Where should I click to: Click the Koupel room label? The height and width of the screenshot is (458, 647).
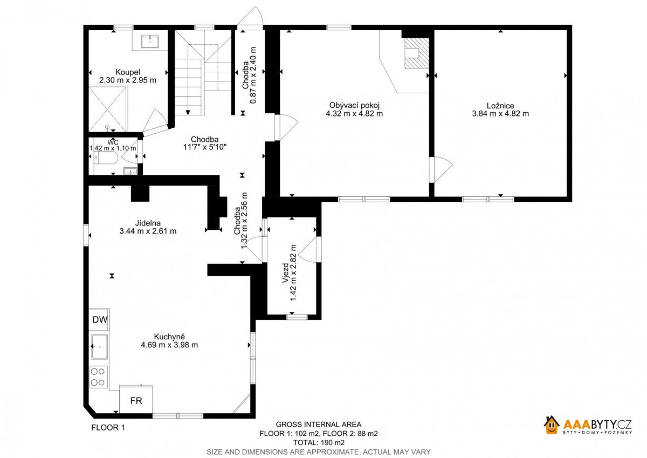[128, 72]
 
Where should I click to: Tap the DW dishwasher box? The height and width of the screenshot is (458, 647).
[99, 319]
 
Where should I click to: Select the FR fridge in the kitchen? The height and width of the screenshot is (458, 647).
[136, 399]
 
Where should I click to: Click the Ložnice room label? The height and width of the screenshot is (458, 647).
[500, 106]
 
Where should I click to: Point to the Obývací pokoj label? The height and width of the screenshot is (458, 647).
[354, 106]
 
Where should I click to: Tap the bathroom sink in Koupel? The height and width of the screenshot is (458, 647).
[150, 42]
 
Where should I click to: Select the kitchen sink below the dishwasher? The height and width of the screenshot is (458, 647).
[99, 346]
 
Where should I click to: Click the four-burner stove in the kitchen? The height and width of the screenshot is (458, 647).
[99, 377]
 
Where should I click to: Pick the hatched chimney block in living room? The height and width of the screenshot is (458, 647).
[416, 53]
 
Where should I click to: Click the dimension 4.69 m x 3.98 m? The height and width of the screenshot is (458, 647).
[169, 345]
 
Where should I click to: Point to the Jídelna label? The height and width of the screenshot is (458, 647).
[148, 223]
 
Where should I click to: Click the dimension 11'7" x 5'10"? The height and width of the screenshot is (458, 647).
[204, 147]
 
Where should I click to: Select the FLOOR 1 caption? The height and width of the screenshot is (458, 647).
[108, 427]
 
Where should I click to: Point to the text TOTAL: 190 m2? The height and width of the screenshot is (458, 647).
[319, 442]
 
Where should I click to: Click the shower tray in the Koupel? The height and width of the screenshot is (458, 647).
[107, 109]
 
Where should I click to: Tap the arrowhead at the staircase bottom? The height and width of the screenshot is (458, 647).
[188, 112]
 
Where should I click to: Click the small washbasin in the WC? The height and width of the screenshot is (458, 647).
[130, 171]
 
